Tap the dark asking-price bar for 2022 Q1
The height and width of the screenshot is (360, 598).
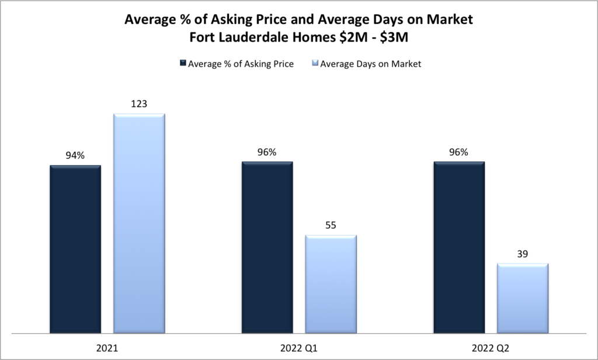(x=267, y=247)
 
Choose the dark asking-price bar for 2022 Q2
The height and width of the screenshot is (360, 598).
(x=458, y=247)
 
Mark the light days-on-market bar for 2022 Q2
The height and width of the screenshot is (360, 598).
(x=522, y=299)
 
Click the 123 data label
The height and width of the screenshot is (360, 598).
(x=139, y=104)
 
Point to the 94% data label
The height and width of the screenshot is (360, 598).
(x=75, y=155)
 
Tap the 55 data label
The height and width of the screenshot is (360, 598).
(x=331, y=226)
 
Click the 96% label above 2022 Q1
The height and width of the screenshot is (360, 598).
(x=267, y=152)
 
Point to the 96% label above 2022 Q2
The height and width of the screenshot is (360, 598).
(x=458, y=152)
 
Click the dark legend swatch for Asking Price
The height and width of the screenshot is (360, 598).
(x=182, y=64)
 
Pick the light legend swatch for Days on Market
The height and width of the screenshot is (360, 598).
(x=315, y=64)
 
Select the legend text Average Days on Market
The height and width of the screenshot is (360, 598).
(x=370, y=64)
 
